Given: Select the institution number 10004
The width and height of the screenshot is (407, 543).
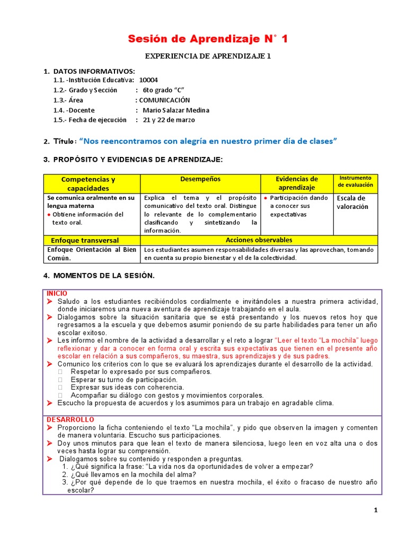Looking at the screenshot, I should click(x=148, y=80).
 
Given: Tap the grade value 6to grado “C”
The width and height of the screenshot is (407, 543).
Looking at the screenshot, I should click(x=163, y=90).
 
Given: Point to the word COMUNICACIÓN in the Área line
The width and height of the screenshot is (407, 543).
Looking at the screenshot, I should click(x=164, y=100).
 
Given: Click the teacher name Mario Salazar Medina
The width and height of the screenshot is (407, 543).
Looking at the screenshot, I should click(x=176, y=110).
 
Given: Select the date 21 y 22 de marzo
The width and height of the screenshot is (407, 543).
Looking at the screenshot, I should click(x=169, y=120).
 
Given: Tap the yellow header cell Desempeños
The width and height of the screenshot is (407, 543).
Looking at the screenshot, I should click(x=200, y=180).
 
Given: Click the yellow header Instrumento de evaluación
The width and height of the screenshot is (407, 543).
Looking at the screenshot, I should click(x=356, y=181).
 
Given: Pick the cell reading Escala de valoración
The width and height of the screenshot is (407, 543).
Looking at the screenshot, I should click(x=351, y=203).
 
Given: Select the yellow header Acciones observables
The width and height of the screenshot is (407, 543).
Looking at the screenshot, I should click(x=259, y=240).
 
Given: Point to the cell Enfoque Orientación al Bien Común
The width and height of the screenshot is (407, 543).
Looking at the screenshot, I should click(x=91, y=253).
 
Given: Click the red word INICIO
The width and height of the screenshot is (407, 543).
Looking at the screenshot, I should click(x=57, y=293).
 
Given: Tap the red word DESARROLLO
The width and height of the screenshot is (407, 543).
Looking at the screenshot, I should click(x=70, y=419).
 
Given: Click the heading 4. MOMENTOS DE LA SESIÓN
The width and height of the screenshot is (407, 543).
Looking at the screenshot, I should click(x=99, y=276).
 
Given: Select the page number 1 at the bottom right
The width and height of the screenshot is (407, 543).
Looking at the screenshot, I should click(x=376, y=510).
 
